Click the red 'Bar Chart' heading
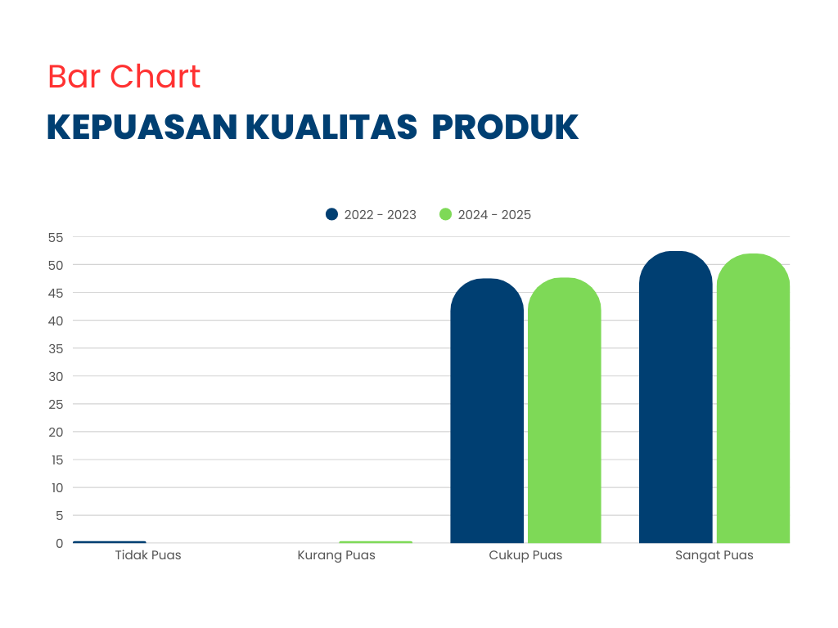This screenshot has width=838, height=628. coord(124,77)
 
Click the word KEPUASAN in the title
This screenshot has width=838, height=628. coord(142,128)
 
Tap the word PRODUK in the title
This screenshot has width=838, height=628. coord(505,128)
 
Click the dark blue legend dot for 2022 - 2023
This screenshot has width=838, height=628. coord(331,214)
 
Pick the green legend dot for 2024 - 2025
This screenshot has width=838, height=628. coord(445,214)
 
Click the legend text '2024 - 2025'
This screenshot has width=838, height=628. coord(494,215)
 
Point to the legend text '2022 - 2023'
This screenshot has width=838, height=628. coord(380,215)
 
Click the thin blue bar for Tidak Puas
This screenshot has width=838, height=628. coord(109,542)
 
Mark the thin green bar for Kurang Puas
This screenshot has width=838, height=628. coord(376,542)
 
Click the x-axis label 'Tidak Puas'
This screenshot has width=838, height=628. coord(148,555)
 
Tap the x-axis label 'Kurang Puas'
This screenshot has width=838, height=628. coord(336,555)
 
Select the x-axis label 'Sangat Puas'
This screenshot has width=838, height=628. coord(714,555)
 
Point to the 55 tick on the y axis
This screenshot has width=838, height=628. coord(55,237)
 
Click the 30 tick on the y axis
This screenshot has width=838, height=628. coord(55,376)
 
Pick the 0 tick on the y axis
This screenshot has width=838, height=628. coord(59,543)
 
